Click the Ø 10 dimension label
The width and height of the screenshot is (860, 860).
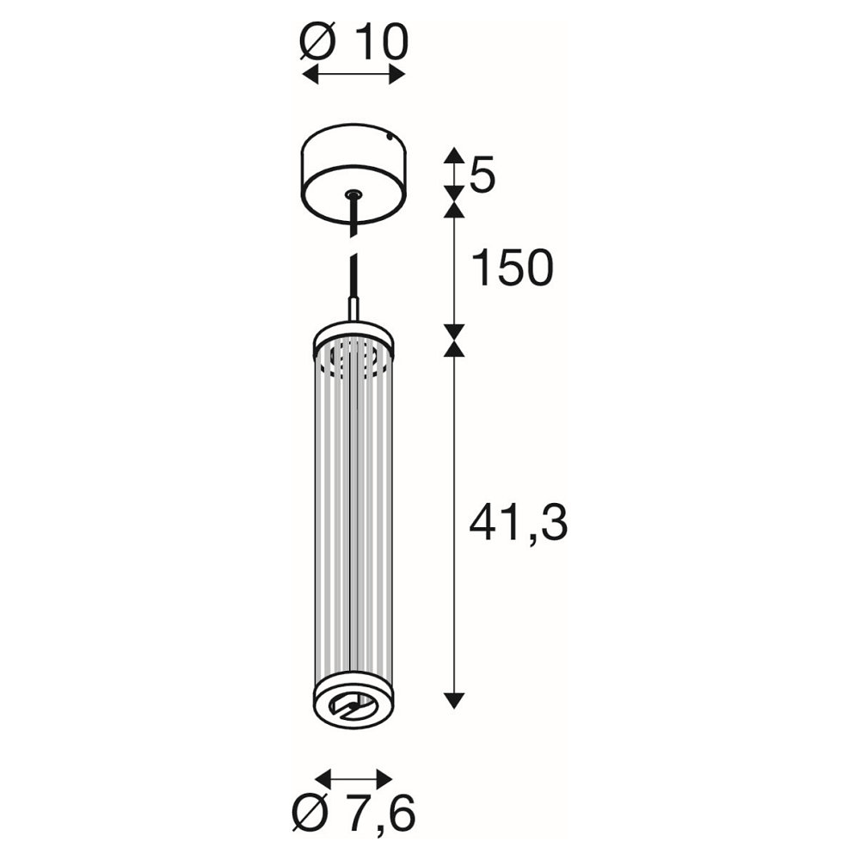(354, 41)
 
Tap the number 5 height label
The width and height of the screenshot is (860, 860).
(482, 175)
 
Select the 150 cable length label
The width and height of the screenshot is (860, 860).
(513, 268)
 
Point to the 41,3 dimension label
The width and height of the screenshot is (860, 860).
(519, 523)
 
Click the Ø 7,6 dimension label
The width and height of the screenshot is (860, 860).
(353, 813)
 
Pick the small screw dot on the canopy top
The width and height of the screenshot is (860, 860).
(389, 134)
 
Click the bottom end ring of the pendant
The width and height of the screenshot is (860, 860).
(353, 698)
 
